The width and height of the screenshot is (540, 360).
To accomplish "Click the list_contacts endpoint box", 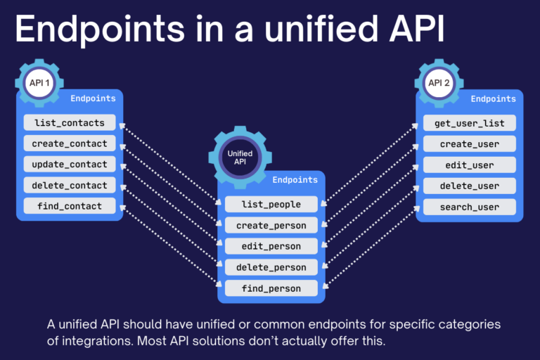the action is point(70,122).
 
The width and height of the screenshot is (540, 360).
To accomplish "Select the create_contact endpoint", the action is point(70,143).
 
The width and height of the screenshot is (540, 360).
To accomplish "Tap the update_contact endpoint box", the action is point(70,165).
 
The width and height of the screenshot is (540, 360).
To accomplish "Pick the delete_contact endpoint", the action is point(70,186).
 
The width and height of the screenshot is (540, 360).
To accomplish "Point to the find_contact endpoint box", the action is point(70,206).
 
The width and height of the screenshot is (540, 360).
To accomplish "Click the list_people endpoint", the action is point(271,205).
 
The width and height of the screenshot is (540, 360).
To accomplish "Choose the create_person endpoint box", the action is point(271,225).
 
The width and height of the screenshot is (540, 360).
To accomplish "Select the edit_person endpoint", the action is point(271,246).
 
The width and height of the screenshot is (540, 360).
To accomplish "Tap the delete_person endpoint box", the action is point(271,267).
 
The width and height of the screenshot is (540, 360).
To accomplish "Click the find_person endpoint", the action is point(271,288).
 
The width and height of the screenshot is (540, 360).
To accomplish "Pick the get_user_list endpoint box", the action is point(470,123).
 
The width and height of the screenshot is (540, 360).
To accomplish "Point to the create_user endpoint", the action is point(470,144).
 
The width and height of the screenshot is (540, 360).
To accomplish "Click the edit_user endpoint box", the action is point(470,165).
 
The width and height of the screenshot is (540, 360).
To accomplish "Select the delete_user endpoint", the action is point(470,186).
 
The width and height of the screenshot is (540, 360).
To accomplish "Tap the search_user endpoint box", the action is point(470,207).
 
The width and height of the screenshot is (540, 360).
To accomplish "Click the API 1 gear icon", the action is point(39,83).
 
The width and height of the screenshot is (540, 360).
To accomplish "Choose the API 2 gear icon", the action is point(439,83).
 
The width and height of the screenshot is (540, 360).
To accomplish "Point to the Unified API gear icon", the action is point(240,157).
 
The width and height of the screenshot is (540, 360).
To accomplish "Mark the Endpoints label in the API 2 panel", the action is point(494,99).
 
